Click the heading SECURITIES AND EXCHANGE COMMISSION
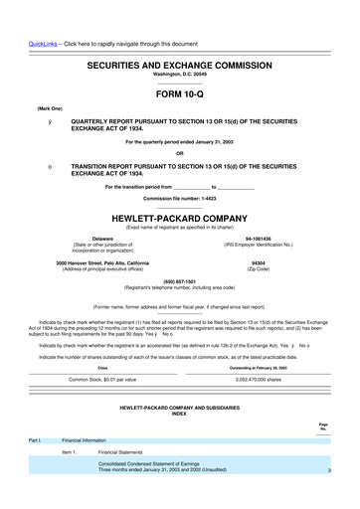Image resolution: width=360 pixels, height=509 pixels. tap(180, 63)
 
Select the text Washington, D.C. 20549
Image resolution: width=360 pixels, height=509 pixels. tap(180, 74)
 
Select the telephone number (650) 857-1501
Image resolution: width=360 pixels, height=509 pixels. tap(180, 280)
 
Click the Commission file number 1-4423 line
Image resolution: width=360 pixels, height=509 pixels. tap(180, 198)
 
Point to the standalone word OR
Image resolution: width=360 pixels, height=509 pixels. tap(180, 153)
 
